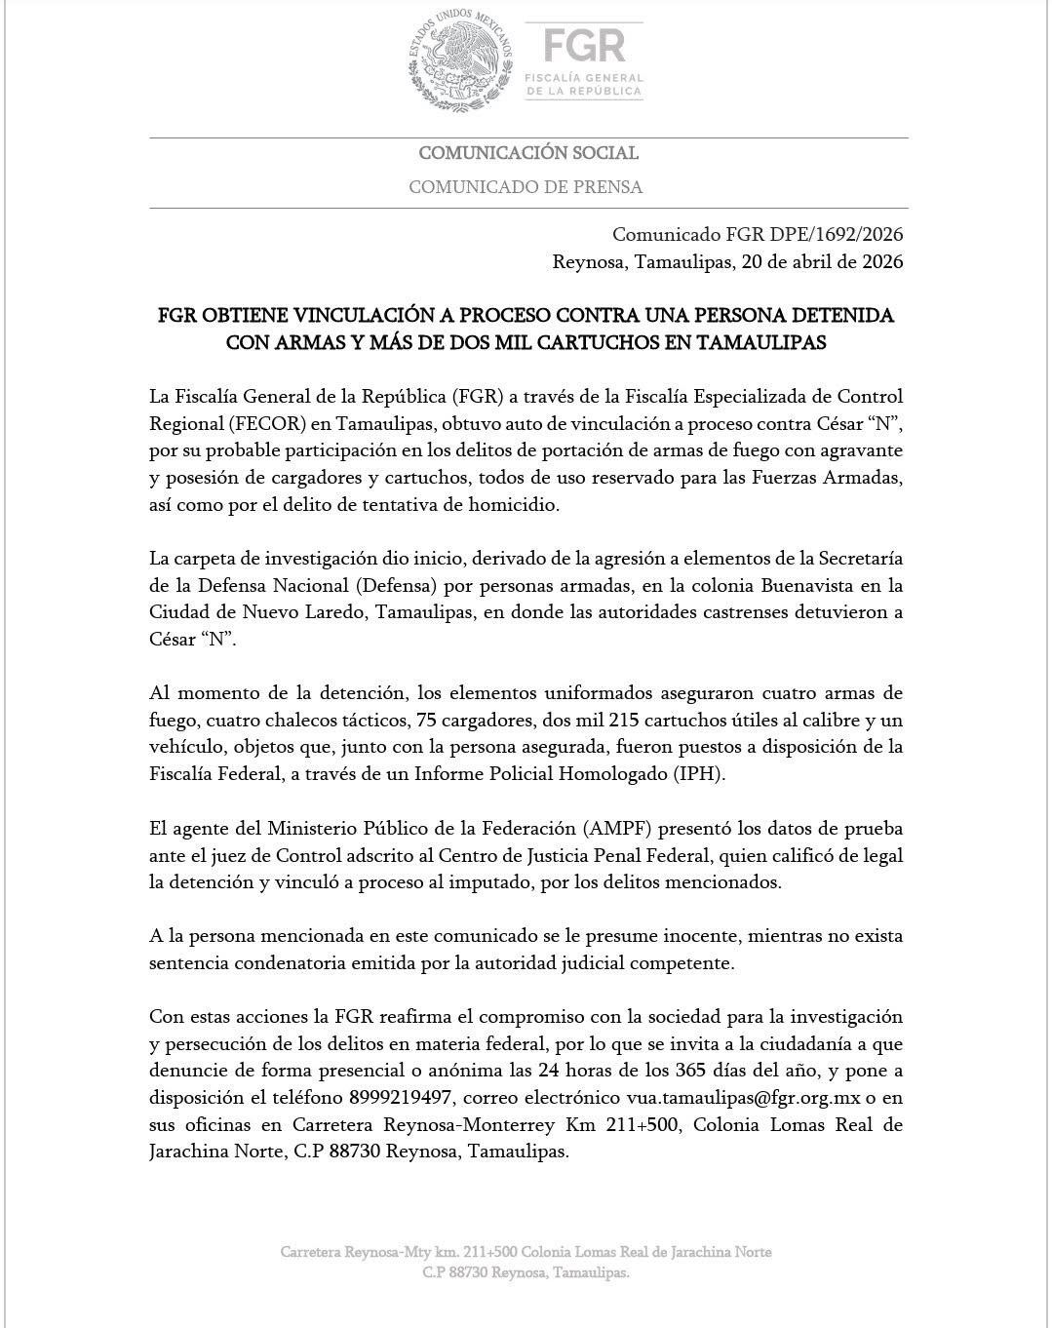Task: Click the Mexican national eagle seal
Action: pyautogui.click(x=461, y=61)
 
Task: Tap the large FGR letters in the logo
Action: pyautogui.click(x=584, y=45)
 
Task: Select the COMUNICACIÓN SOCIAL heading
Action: pyautogui.click(x=528, y=153)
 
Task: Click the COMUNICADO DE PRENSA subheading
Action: pyautogui.click(x=526, y=187)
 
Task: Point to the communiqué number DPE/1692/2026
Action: pyautogui.click(x=834, y=235)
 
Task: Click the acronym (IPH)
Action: pyautogui.click(x=699, y=774)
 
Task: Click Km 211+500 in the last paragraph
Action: pyautogui.click(x=627, y=1124)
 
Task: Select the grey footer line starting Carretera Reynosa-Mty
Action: pyautogui.click(x=526, y=1252)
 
